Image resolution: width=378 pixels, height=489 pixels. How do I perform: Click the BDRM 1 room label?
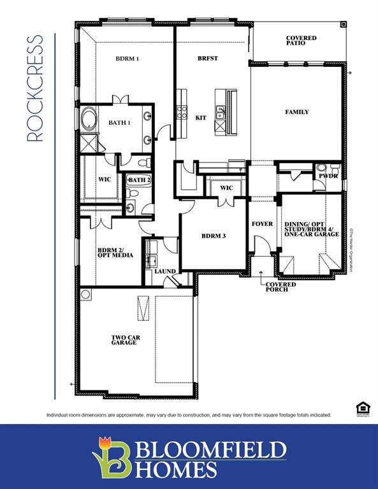point(127,59)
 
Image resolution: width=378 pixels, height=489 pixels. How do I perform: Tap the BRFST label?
point(207,59)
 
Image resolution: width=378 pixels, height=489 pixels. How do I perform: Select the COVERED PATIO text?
point(301,40)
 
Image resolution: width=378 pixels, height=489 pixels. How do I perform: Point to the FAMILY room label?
point(296,112)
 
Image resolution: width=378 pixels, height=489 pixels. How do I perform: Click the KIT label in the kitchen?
point(201,118)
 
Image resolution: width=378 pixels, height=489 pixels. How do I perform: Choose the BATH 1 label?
point(119,123)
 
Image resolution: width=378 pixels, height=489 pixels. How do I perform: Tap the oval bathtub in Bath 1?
point(87,120)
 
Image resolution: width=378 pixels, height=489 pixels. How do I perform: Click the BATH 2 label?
point(138,181)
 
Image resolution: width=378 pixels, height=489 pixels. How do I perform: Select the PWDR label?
point(328,175)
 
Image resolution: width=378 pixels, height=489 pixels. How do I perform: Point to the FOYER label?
point(262,224)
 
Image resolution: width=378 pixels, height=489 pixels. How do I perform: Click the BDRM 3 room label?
point(213,236)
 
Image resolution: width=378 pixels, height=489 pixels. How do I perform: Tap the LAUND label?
point(165,271)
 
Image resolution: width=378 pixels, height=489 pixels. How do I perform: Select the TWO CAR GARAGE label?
point(124,339)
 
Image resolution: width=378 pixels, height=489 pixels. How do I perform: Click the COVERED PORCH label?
point(280,287)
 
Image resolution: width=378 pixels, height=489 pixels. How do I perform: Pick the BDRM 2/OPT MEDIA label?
point(115,253)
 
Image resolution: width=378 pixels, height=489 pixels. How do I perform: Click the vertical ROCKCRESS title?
point(36,88)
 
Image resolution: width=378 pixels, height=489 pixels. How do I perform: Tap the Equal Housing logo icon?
point(361,408)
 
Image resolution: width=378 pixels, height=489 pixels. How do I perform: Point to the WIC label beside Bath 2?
point(105,180)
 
